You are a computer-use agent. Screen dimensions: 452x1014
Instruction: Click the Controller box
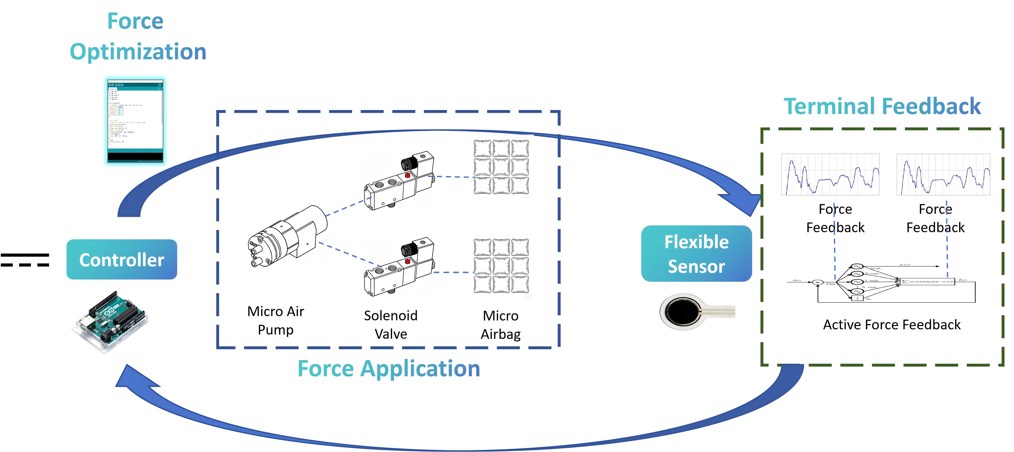[x=122, y=259]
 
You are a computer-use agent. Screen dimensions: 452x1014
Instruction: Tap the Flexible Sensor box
[x=696, y=254]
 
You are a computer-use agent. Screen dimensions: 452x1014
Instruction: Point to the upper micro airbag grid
[x=501, y=167]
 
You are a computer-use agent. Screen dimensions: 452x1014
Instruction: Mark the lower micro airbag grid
[x=501, y=266]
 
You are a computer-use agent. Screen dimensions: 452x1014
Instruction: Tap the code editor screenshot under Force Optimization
[x=135, y=121]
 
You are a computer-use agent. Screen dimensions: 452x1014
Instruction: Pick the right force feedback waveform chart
[x=943, y=174]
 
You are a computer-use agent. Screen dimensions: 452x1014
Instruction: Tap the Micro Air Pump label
[x=276, y=320]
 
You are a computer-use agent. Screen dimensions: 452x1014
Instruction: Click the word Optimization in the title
[x=138, y=52]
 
